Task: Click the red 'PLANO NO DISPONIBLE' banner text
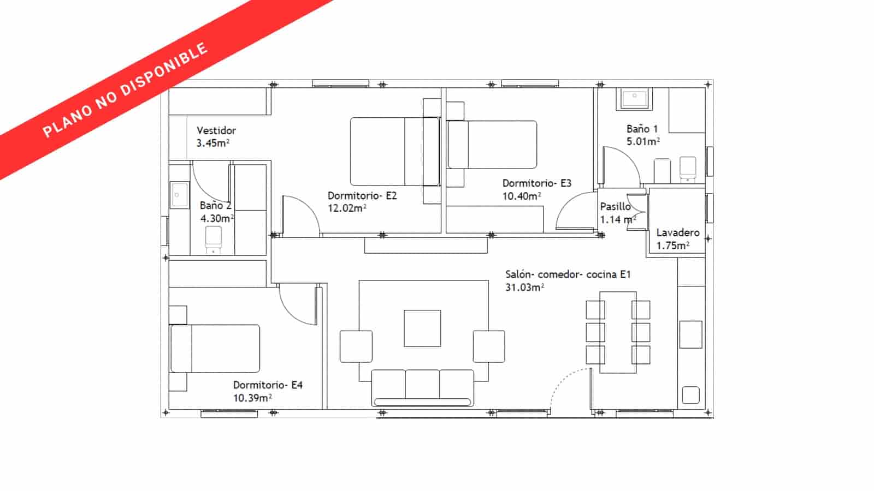(x=125, y=90)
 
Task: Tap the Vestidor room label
(x=216, y=130)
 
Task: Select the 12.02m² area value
(x=347, y=208)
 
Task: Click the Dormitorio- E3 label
(x=536, y=183)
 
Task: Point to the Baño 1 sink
(x=634, y=99)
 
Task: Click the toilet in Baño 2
(x=213, y=239)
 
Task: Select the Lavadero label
(x=678, y=232)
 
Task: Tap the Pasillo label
(x=615, y=207)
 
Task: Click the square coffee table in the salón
(x=422, y=328)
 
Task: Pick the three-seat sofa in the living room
(x=422, y=387)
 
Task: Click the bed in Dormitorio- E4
(x=215, y=349)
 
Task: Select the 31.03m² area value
(x=524, y=288)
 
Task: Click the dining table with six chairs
(x=618, y=332)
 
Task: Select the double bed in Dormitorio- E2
(x=394, y=152)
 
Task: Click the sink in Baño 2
(x=179, y=195)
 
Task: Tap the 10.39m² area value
(x=252, y=398)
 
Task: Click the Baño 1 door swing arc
(x=621, y=166)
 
